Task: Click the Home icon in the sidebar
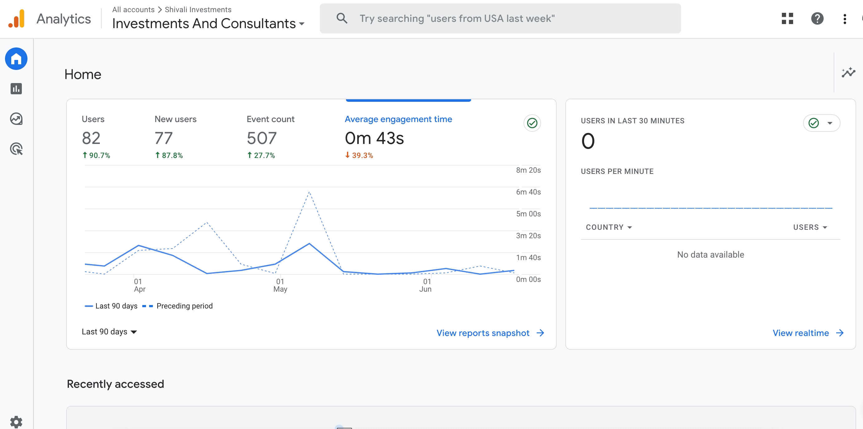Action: [x=16, y=59]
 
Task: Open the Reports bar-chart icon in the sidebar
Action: [x=16, y=89]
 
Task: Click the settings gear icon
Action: [x=16, y=422]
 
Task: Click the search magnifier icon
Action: [x=342, y=18]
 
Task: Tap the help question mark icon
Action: [x=817, y=18]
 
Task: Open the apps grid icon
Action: [x=787, y=18]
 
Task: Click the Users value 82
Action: [x=91, y=138]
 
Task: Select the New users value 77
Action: [x=163, y=138]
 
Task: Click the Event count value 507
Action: [x=262, y=138]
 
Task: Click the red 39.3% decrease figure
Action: [x=359, y=155]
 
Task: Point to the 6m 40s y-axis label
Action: [x=528, y=192]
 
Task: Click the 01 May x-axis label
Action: [x=280, y=285]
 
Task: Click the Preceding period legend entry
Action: [x=184, y=306]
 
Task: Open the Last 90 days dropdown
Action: [x=109, y=332]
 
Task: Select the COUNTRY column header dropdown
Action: [x=608, y=227]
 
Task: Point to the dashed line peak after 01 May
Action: [x=309, y=192]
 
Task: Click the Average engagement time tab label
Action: [x=398, y=119]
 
